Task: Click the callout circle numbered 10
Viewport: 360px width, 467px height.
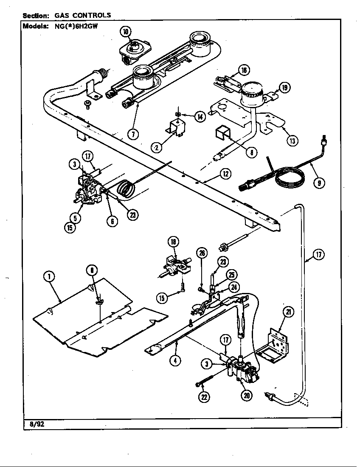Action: pos(126,31)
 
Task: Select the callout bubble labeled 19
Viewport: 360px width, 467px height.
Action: pos(284,88)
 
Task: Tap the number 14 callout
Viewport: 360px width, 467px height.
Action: pos(200,116)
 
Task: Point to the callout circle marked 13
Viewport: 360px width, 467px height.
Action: pos(292,141)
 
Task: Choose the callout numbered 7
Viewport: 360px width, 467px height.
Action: pos(133,134)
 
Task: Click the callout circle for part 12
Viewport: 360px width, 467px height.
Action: pos(225,174)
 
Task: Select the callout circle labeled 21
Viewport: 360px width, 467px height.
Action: pos(289,313)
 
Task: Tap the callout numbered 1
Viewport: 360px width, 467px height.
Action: pos(50,276)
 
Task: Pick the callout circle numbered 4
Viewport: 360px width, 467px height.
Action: pos(175,360)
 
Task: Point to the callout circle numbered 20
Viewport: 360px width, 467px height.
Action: pos(247,395)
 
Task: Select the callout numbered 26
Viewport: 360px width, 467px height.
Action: pos(202,253)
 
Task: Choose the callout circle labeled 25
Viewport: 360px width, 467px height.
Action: pos(232,275)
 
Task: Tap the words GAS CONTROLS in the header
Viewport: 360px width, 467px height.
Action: pos(83,15)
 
